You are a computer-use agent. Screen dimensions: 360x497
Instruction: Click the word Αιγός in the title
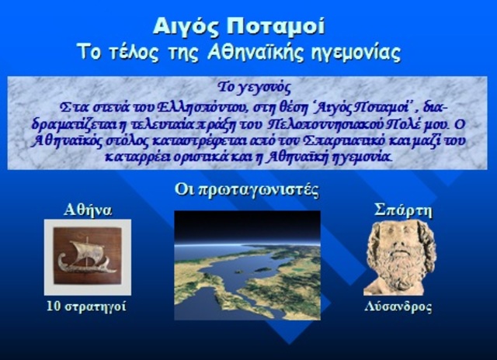click(189, 27)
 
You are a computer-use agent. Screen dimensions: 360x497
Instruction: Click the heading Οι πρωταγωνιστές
click(247, 190)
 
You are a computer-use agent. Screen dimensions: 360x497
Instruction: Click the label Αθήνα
click(87, 209)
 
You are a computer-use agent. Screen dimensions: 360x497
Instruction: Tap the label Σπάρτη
click(403, 210)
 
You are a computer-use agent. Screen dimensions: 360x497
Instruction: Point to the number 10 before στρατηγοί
click(53, 306)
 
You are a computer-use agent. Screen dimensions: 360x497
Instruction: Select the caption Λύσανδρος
click(398, 306)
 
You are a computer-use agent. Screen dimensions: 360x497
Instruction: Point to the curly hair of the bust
click(398, 232)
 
